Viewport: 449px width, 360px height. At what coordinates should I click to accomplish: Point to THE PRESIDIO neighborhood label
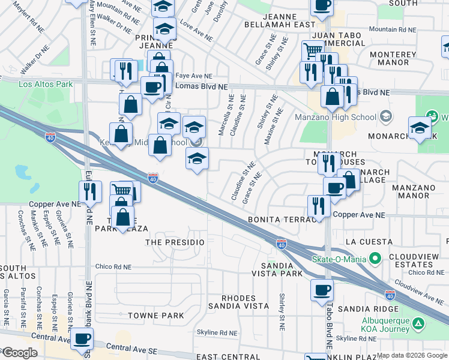tap(175, 242)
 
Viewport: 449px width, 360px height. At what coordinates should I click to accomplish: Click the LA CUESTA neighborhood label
tap(368, 242)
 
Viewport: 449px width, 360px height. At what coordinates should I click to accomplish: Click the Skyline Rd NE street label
tap(221, 332)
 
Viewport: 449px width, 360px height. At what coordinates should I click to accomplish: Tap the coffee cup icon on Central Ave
tap(82, 338)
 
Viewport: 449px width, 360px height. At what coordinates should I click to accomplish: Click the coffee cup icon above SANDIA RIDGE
tap(322, 290)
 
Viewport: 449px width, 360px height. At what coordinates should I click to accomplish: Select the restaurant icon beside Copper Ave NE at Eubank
tap(90, 191)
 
